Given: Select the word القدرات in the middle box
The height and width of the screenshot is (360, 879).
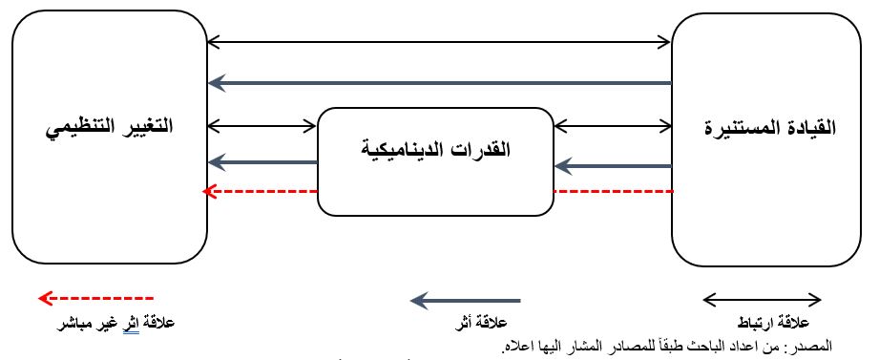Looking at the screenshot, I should (x=481, y=149).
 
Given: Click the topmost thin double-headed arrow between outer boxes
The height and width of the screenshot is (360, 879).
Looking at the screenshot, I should (x=440, y=41).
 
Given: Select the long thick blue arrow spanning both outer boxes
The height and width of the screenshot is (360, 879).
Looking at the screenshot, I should (x=440, y=83).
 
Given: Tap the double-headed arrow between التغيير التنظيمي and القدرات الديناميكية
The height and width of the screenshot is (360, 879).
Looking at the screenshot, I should (x=262, y=124).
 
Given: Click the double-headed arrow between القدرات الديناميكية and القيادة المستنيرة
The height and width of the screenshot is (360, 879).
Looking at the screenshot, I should (x=613, y=124).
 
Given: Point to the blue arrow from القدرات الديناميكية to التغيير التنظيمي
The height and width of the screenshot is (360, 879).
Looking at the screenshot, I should (x=262, y=162).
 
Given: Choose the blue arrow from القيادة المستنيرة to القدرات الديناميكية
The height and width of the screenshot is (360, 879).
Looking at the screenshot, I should (x=613, y=166).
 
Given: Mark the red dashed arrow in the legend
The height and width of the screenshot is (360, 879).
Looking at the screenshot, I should (x=95, y=299).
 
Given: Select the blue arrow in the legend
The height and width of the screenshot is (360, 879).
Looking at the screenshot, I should (x=466, y=301).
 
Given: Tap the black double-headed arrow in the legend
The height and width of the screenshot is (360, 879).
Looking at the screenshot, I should (x=762, y=300).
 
